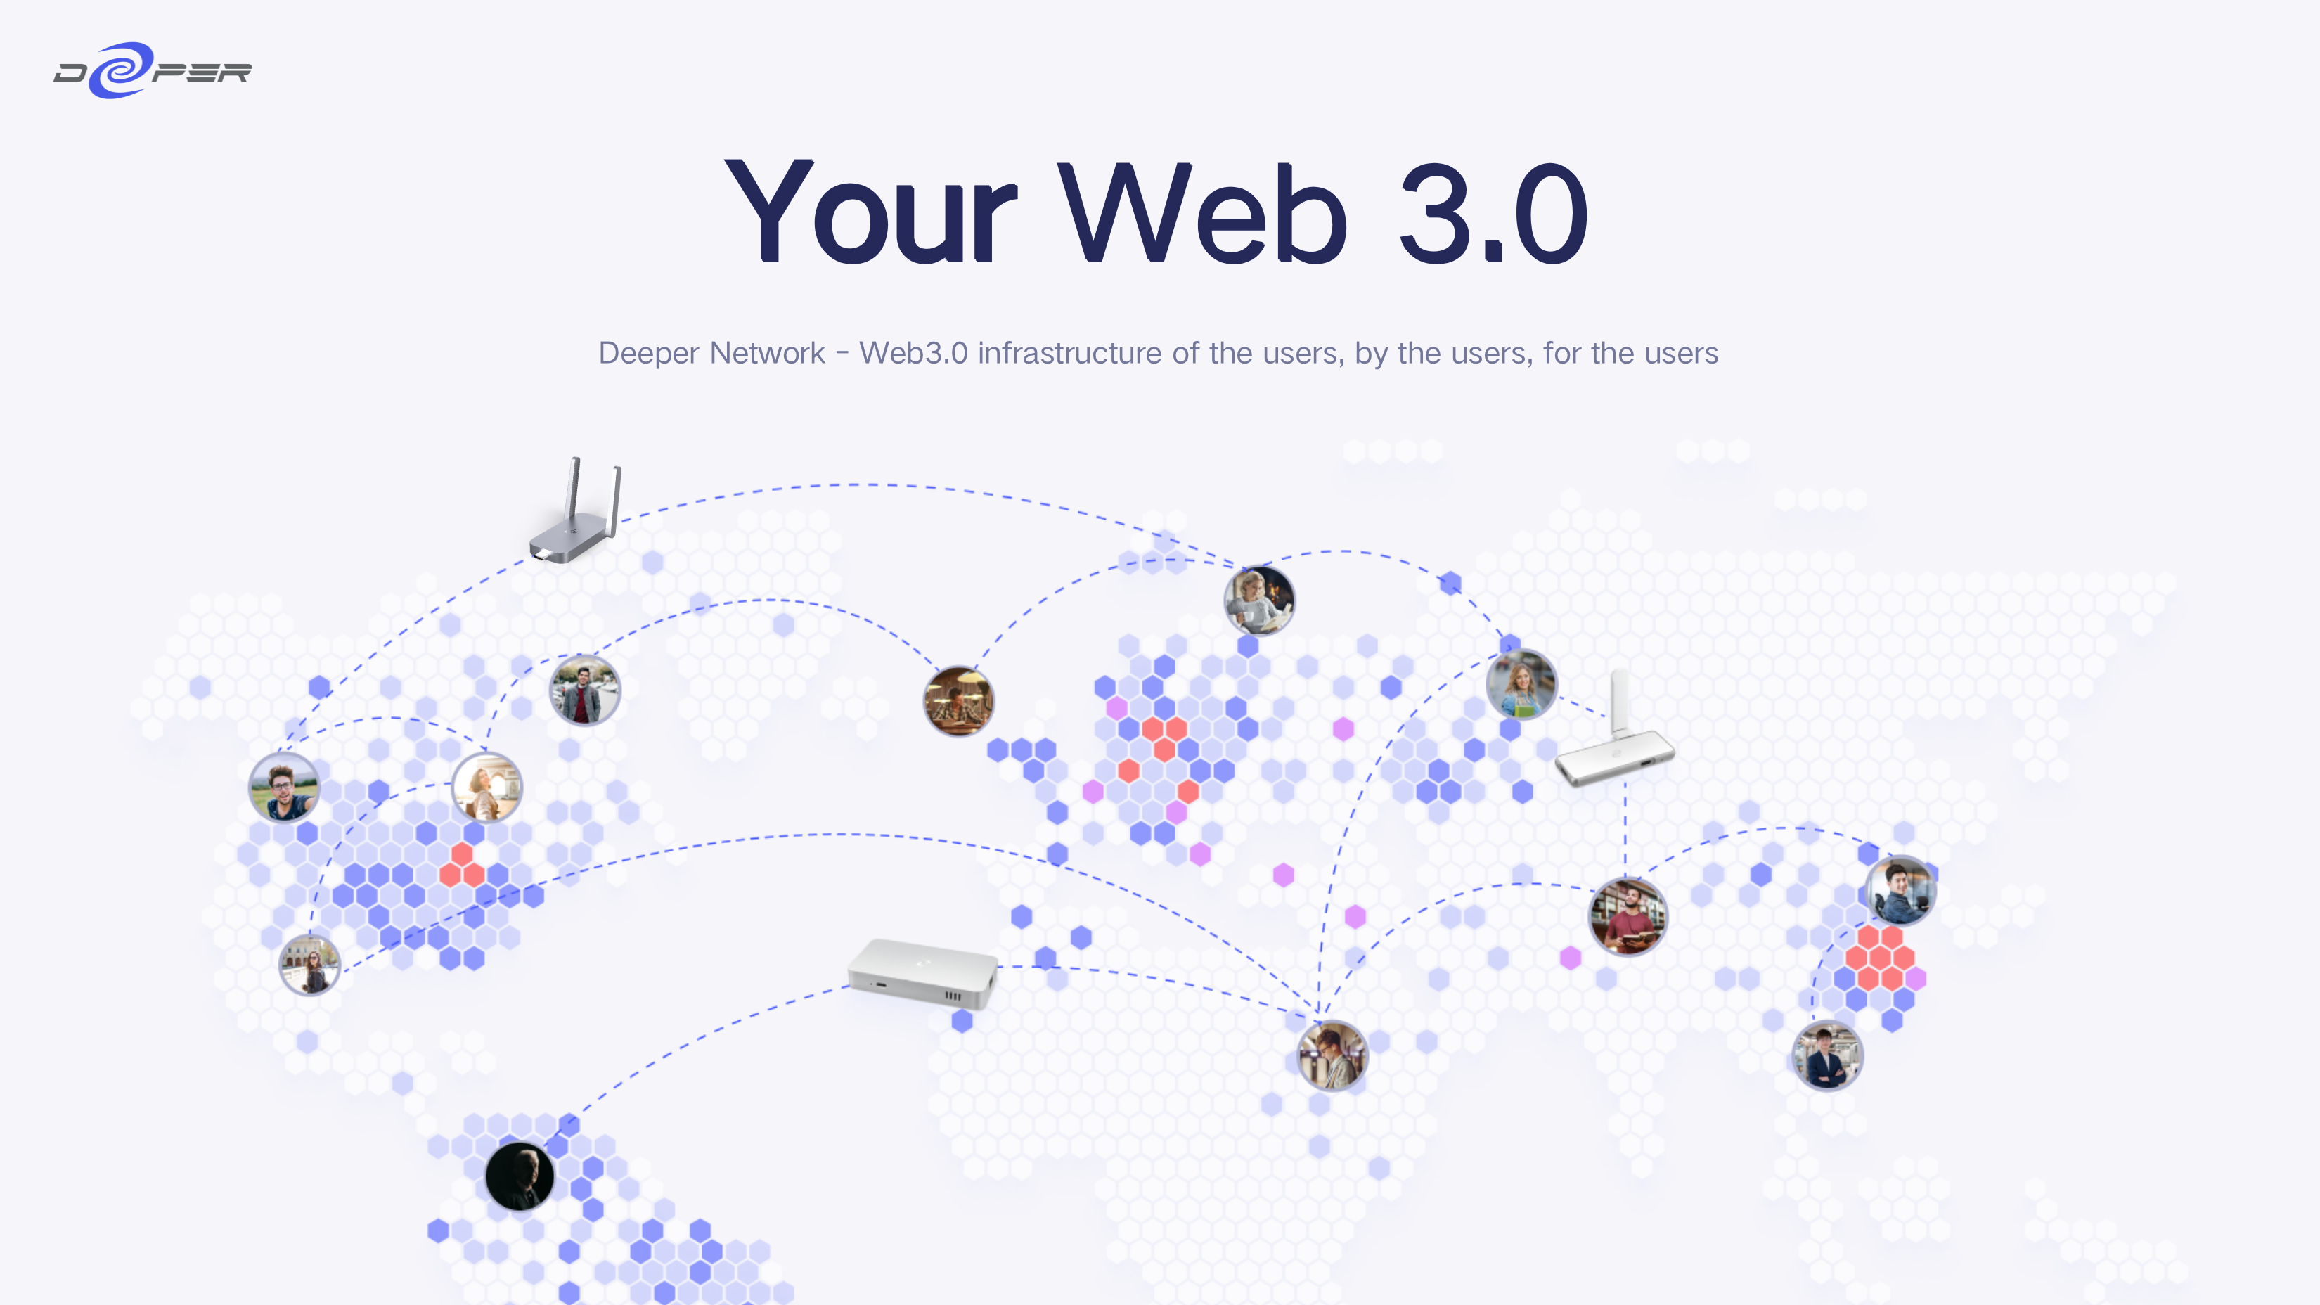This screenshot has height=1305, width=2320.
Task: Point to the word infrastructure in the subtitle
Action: [1069, 353]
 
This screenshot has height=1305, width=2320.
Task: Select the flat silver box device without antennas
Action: [923, 972]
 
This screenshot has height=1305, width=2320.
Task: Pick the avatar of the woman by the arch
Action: [486, 787]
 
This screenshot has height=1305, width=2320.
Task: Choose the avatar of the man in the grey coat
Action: [584, 690]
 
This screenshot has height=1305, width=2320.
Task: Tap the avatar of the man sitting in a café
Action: [958, 701]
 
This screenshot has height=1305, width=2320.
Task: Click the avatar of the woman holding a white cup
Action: [1259, 600]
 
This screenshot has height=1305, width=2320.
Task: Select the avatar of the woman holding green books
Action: [1521, 684]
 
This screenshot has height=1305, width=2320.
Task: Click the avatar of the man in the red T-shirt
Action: [1628, 917]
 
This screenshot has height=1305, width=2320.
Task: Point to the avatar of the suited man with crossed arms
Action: [1826, 1055]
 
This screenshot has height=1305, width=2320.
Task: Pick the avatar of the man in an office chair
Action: [1900, 891]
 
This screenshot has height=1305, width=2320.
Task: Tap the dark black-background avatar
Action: [520, 1176]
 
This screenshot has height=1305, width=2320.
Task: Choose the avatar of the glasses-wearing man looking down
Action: [1332, 1055]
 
